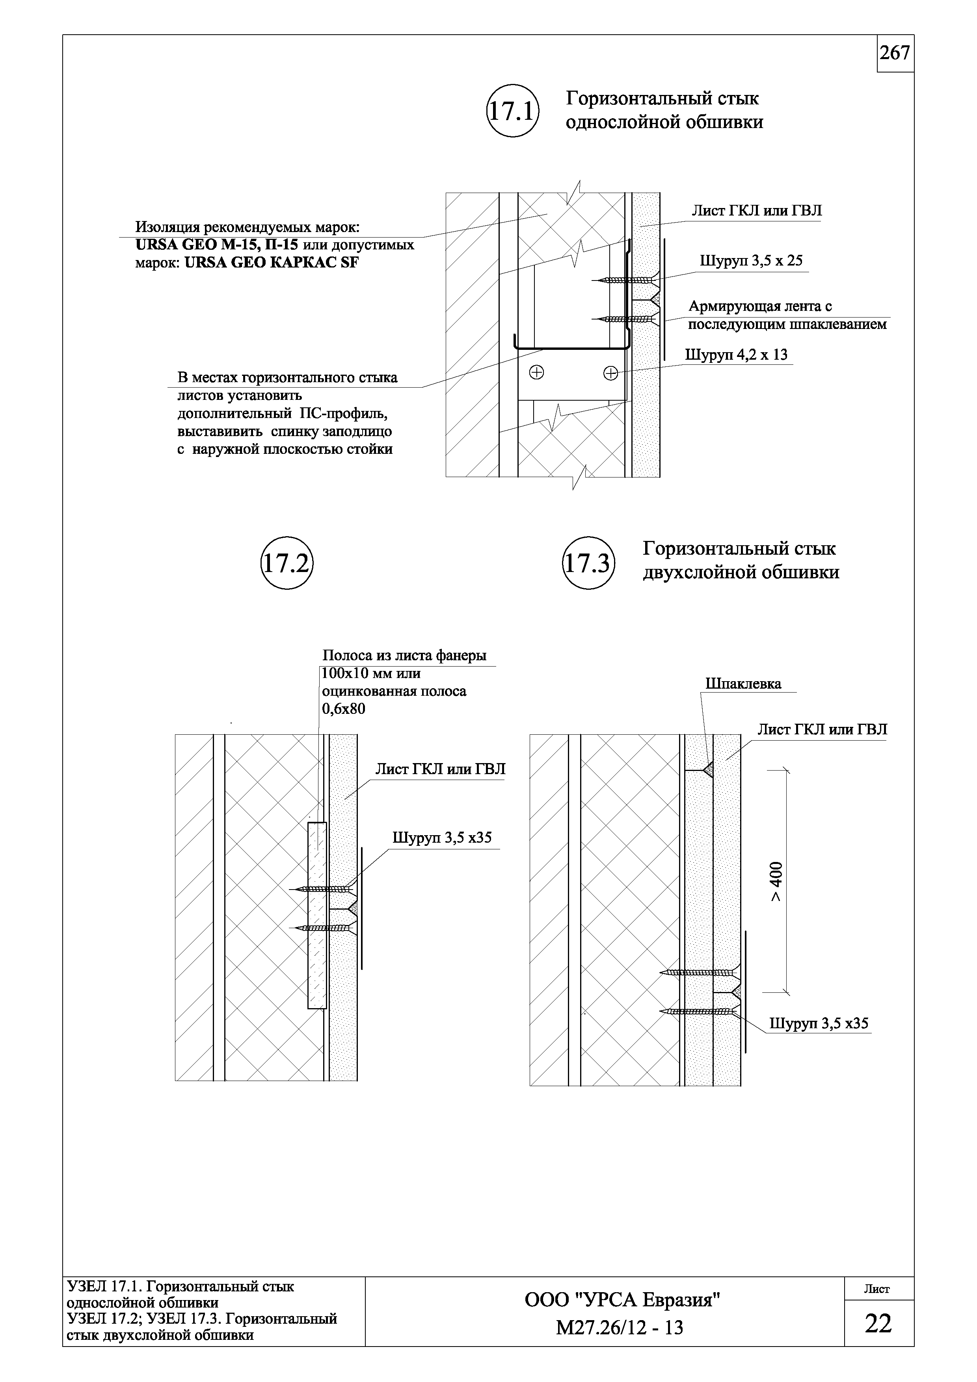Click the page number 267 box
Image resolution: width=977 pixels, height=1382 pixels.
(x=895, y=54)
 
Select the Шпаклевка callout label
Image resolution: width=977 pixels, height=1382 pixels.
(x=743, y=684)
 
